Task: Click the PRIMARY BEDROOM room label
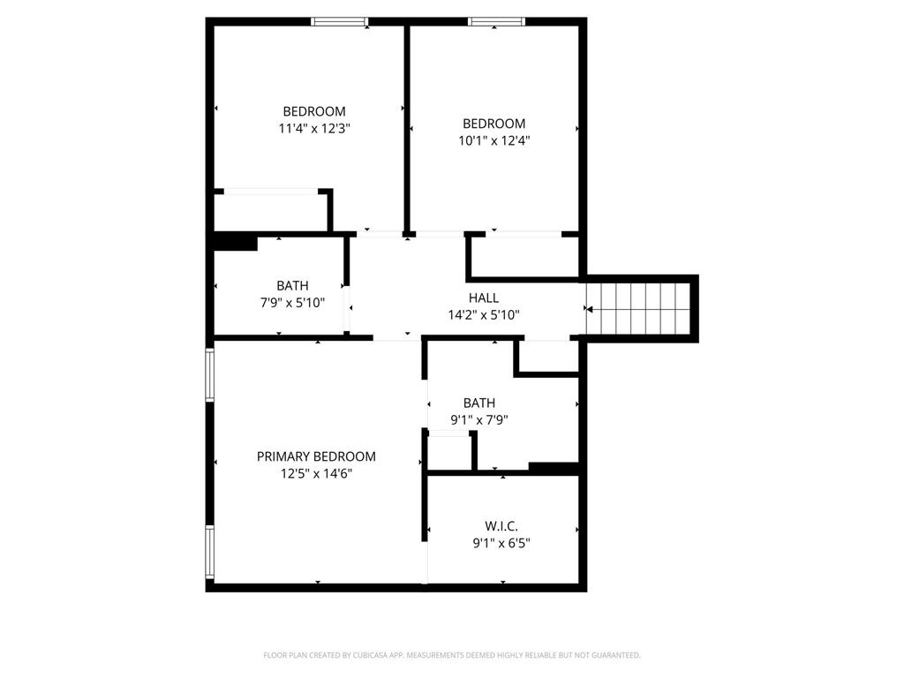316,456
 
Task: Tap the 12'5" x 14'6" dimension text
316,473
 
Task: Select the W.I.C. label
501,526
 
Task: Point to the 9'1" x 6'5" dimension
501,543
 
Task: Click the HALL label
484,298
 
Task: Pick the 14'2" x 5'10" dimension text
484,314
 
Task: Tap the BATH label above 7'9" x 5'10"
292,286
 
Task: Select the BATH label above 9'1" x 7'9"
479,403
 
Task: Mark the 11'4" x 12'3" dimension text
314,128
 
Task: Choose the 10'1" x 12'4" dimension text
493,140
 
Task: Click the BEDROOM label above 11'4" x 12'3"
314,111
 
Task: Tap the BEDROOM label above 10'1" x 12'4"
493,124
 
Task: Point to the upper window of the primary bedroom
210,374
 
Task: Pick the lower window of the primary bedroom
210,552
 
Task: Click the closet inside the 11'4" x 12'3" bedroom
270,212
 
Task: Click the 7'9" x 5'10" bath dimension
292,303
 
